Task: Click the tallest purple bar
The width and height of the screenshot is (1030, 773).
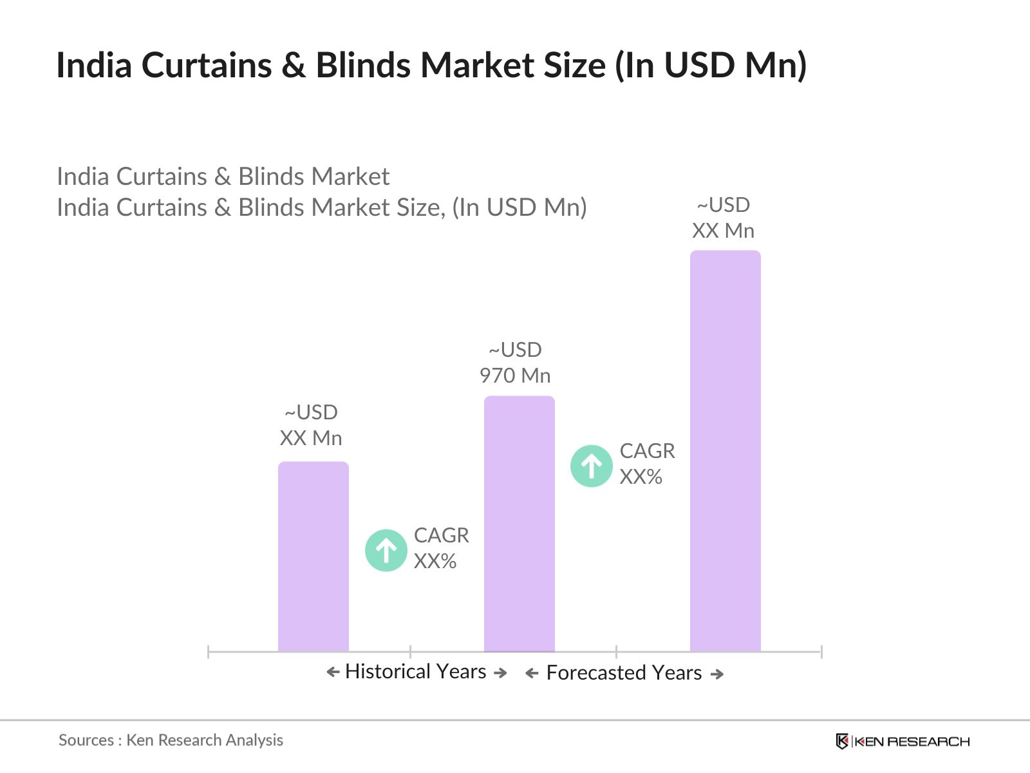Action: [x=725, y=451]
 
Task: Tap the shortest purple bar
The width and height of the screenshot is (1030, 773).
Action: [x=313, y=557]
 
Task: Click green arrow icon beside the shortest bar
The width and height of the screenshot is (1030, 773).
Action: [x=386, y=550]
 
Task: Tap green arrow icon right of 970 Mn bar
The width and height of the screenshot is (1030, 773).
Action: [x=591, y=466]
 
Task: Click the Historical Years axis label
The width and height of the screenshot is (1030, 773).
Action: [x=415, y=672]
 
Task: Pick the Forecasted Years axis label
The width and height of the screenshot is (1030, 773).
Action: [x=623, y=673]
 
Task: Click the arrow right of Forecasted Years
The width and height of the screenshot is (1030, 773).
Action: [x=716, y=674]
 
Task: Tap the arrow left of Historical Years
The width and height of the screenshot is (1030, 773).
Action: [x=333, y=673]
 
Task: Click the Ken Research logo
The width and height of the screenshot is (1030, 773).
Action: [x=903, y=741]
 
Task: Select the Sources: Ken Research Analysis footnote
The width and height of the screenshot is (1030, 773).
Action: [x=171, y=740]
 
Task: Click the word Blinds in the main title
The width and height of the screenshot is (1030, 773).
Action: [x=363, y=66]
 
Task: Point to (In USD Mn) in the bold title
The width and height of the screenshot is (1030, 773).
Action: [x=710, y=66]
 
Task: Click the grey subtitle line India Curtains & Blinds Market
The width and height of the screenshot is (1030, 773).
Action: [x=223, y=177]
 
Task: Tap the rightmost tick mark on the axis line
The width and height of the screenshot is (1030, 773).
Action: [x=821, y=652]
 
